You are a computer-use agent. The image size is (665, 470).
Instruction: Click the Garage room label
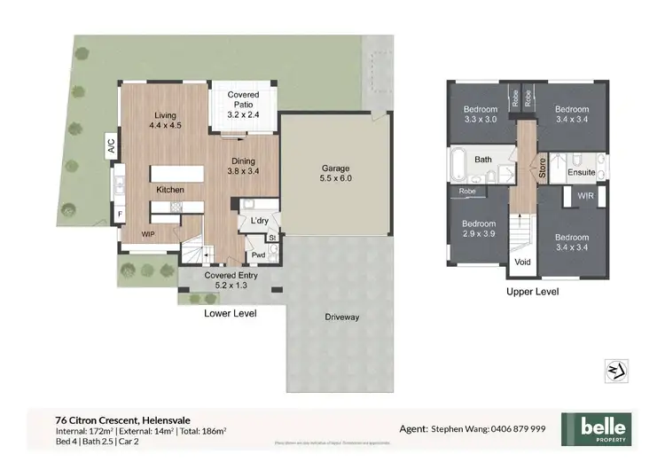pyautogui.click(x=334, y=172)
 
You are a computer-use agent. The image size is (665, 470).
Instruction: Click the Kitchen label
pyautogui.click(x=170, y=190)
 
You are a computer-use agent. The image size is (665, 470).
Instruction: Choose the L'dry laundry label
pyautogui.click(x=260, y=220)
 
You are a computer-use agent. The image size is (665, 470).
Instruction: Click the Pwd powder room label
pyautogui.click(x=258, y=255)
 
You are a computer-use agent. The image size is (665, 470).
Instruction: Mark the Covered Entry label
pyautogui.click(x=231, y=280)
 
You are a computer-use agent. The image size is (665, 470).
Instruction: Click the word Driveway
pyautogui.click(x=341, y=317)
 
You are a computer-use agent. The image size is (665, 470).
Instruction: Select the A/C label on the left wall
pyautogui.click(x=112, y=145)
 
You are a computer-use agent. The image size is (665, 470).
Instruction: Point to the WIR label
pyautogui.click(x=585, y=196)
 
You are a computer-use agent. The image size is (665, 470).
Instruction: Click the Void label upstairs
pyautogui.click(x=521, y=262)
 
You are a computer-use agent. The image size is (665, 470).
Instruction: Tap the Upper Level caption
pyautogui.click(x=532, y=291)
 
